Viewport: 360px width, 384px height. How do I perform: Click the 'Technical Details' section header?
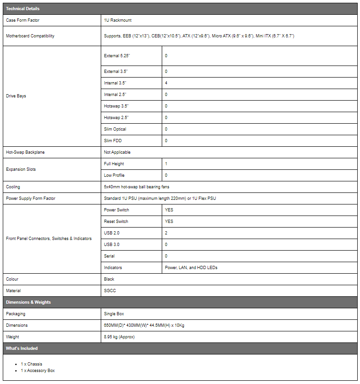23,9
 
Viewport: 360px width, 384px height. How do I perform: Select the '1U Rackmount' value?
118,21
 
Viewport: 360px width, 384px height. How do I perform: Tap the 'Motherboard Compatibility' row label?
30,36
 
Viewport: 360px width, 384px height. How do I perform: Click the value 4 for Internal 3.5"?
166,83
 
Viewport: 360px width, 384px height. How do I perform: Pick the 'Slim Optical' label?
115,129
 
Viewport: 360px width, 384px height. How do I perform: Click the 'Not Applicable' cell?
117,152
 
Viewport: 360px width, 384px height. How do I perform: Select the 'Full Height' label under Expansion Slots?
114,164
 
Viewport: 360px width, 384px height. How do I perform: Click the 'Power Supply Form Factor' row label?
31,198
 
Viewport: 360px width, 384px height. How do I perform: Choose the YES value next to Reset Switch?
169,222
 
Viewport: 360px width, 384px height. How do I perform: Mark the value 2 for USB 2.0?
166,233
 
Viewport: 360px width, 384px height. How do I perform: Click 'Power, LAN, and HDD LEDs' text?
191,268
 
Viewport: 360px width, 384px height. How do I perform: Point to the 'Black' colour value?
109,279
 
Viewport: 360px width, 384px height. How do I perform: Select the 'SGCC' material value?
110,291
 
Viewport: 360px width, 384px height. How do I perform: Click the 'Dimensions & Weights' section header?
28,302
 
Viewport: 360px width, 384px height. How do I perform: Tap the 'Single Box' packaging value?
114,314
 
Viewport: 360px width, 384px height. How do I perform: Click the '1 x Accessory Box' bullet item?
37,371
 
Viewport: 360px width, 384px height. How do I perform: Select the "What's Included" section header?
22,348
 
